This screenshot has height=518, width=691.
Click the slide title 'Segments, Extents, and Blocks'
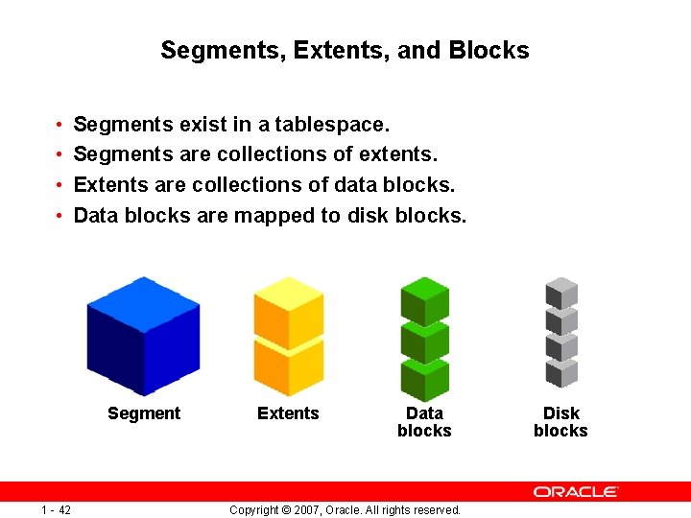coord(345,50)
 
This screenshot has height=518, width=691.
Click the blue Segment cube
coord(143,336)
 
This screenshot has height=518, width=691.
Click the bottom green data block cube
coord(424,379)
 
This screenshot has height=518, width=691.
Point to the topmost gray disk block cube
coord(561,291)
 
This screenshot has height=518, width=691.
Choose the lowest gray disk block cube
coord(561,370)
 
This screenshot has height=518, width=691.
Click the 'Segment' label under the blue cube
coord(144,413)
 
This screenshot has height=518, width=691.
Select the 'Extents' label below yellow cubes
coord(288,413)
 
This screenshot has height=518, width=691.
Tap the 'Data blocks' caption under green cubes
coord(424,422)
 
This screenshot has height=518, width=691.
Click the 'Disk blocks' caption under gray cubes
coord(560,422)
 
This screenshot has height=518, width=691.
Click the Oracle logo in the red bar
coord(576,491)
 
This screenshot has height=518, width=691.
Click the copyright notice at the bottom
coord(345,509)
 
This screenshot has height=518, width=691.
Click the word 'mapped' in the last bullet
coord(274,216)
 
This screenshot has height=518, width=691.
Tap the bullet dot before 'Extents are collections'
coord(59,185)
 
